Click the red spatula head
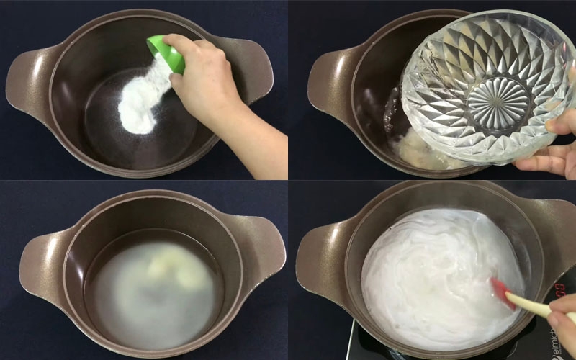pos(502,292)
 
